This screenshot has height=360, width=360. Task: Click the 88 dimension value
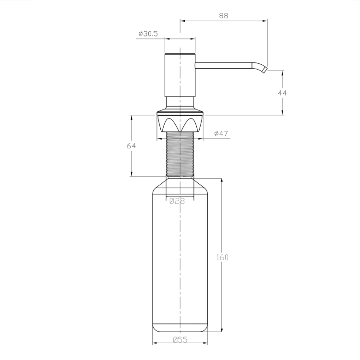(224, 16)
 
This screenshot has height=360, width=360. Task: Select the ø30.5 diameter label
(148, 34)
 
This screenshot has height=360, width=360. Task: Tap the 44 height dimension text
(282, 93)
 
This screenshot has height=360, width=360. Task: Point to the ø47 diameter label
(221, 133)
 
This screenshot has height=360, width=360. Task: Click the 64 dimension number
(132, 146)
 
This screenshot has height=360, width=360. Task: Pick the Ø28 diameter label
(177, 201)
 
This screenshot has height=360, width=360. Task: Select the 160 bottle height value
(222, 257)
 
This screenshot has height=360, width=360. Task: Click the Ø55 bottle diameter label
(180, 339)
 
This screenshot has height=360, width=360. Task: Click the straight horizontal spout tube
(223, 65)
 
